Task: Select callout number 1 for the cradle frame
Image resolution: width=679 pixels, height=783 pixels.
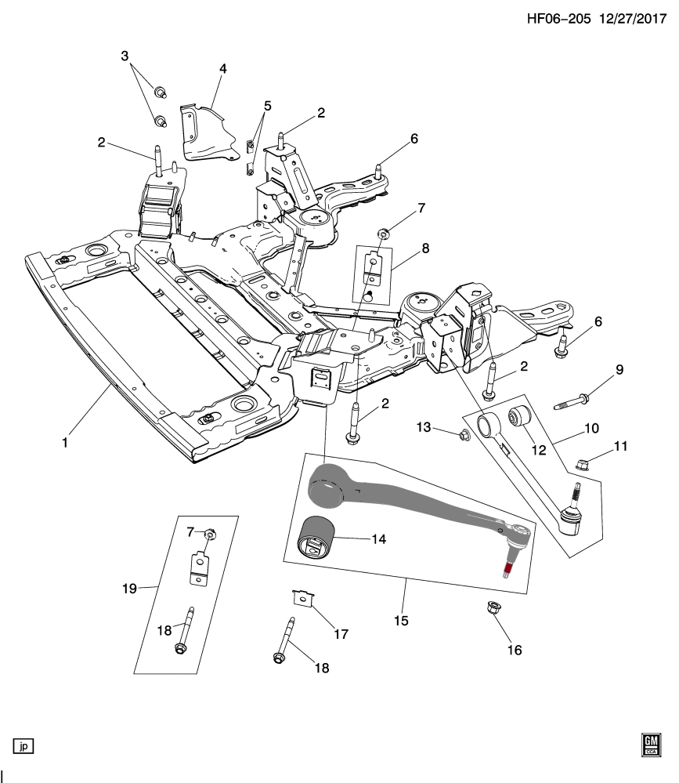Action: click(65, 443)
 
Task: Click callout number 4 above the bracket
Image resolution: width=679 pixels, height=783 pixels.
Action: click(222, 69)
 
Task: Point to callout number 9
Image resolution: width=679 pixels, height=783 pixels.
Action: click(619, 370)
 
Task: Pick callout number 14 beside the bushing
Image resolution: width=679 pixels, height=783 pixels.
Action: click(380, 539)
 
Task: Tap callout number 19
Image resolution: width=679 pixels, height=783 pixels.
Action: click(130, 588)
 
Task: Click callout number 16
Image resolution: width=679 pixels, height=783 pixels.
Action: click(515, 650)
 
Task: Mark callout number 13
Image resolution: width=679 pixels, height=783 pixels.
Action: click(424, 427)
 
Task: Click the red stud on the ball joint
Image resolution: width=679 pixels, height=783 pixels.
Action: click(509, 570)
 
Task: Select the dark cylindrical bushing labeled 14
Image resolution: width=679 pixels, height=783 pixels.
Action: click(318, 540)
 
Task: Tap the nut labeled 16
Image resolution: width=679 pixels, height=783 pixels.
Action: click(494, 607)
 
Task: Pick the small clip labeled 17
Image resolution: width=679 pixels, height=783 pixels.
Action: click(302, 598)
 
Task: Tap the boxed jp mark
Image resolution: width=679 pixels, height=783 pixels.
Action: click(23, 745)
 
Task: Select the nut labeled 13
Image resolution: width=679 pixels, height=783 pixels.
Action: click(464, 433)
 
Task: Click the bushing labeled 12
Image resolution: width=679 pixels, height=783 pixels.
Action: click(521, 415)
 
